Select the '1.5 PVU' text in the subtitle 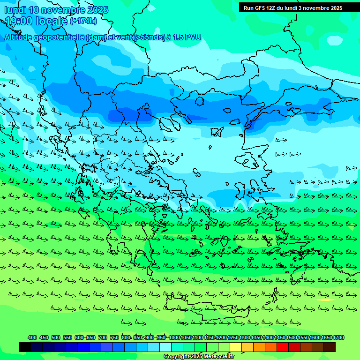(186, 37)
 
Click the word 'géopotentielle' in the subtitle (61, 37)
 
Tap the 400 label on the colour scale (32, 338)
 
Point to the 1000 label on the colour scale (174, 338)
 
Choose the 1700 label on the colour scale (338, 338)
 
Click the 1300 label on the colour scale (245, 338)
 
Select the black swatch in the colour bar (25, 347)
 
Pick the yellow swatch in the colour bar (236, 347)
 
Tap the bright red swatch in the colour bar (283, 347)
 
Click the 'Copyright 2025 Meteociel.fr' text (198, 357)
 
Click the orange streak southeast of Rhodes (325, 300)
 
